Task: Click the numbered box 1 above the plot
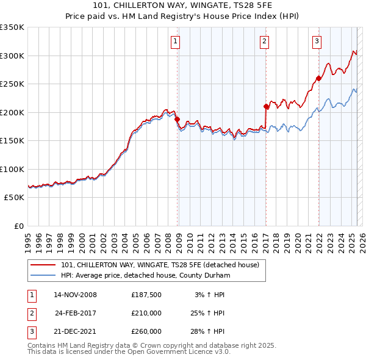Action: click(x=175, y=41)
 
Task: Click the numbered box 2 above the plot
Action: click(x=264, y=41)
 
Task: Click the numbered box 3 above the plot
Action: click(x=317, y=41)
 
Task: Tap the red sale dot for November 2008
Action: click(x=177, y=120)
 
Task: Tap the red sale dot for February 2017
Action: click(x=266, y=106)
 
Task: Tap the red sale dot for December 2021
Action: click(x=318, y=78)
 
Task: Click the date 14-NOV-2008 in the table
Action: click(x=75, y=295)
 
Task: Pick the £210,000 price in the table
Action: click(x=146, y=313)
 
